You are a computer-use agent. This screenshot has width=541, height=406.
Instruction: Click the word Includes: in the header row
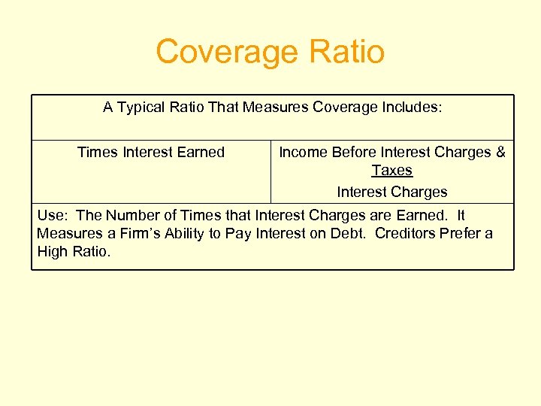[410, 108]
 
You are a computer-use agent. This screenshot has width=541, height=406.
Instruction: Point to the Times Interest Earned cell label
[151, 152]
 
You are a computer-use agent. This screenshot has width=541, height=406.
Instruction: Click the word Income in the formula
[304, 152]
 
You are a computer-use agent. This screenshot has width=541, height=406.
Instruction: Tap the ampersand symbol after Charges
[500, 152]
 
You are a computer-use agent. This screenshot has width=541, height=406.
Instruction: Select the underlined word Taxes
[392, 171]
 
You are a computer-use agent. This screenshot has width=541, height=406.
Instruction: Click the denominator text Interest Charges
[392, 192]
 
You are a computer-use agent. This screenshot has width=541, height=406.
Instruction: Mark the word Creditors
[406, 234]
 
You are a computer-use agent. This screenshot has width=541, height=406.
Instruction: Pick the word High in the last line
[52, 252]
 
